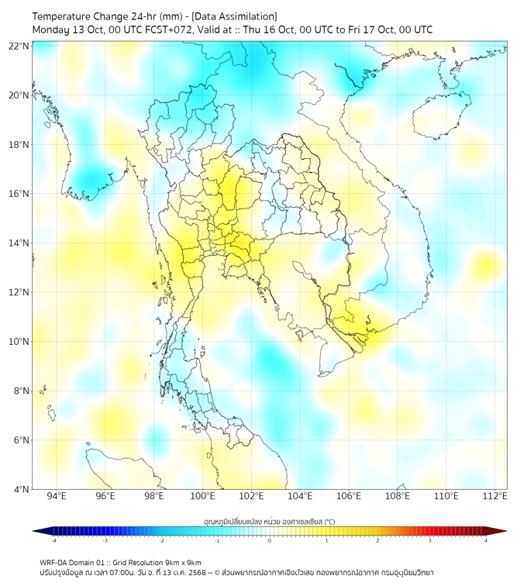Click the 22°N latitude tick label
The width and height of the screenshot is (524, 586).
[x=19, y=46]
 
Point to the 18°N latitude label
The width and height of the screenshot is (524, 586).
[x=19, y=145]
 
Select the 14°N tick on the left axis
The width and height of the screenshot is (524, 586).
[x=19, y=243]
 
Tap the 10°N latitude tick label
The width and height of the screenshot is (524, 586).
[x=19, y=342]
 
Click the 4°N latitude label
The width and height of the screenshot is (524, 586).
[x=21, y=489]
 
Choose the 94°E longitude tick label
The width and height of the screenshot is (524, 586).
[x=57, y=496]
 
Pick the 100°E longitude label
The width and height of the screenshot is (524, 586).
[x=202, y=496]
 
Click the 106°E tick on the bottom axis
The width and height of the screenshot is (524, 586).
[x=349, y=496]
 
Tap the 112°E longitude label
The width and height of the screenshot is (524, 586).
[x=495, y=496]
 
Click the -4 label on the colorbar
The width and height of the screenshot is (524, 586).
[x=53, y=540]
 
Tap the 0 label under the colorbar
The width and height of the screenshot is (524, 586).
[x=270, y=540]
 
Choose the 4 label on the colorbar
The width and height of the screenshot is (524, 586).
[x=485, y=540]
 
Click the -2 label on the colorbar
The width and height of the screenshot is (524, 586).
[x=161, y=540]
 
